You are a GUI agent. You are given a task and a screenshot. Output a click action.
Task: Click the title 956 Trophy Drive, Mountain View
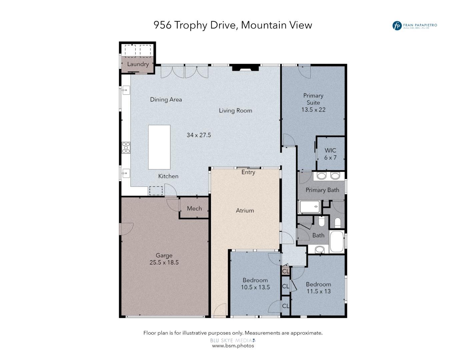[x=233, y=25]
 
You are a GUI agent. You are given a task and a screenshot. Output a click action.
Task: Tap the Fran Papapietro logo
[x=414, y=26]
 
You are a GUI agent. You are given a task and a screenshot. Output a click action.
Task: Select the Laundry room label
[x=138, y=64]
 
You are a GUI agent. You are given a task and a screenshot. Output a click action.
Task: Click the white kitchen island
[x=159, y=147]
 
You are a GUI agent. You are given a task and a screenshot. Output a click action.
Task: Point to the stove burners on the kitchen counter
[x=126, y=148]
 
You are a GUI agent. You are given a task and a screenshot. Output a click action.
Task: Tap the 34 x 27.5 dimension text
[x=199, y=135]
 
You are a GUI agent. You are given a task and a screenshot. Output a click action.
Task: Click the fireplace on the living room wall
[x=245, y=68]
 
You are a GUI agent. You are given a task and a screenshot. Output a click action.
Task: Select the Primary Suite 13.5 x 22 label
[x=313, y=103]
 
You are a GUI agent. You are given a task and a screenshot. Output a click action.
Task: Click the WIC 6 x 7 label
[x=330, y=154]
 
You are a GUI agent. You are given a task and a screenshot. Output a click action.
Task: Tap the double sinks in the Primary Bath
[x=328, y=176]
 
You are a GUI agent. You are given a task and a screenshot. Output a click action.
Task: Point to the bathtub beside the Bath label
[x=337, y=242]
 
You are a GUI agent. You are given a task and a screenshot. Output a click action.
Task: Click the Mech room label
[x=194, y=208]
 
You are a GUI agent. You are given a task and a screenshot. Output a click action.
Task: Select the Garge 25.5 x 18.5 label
[x=164, y=259]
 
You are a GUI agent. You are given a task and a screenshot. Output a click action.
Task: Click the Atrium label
[x=245, y=210]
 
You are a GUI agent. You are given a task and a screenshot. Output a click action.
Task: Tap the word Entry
[x=248, y=172]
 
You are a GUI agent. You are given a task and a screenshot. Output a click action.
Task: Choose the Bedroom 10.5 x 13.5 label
[x=255, y=284]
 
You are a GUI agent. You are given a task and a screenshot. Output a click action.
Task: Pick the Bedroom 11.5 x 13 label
[x=318, y=288]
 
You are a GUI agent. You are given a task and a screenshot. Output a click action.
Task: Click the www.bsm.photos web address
[x=233, y=346]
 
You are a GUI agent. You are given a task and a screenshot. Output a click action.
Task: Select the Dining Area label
[x=166, y=99]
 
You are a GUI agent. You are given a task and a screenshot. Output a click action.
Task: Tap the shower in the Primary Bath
[x=310, y=207]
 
